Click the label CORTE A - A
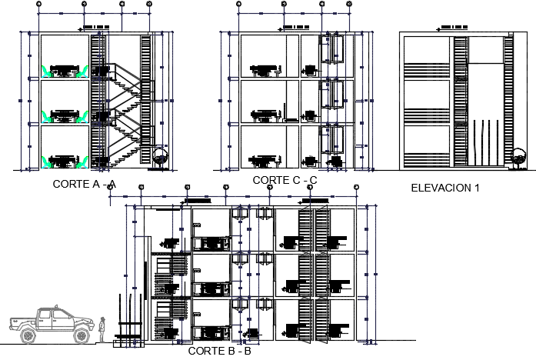pyautogui.click(x=84, y=184)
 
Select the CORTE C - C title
pyautogui.click(x=285, y=180)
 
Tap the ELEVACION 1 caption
pyautogui.click(x=445, y=187)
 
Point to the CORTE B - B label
pyautogui.click(x=219, y=352)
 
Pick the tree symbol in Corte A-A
pyautogui.click(x=160, y=155)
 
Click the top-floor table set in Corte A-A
pyautogui.click(x=65, y=70)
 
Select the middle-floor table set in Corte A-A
pyautogui.click(x=65, y=115)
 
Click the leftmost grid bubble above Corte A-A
pyautogui.click(x=41, y=5)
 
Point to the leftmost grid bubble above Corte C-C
pyautogui.click(x=239, y=5)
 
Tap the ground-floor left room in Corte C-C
pyautogui.click(x=263, y=146)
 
